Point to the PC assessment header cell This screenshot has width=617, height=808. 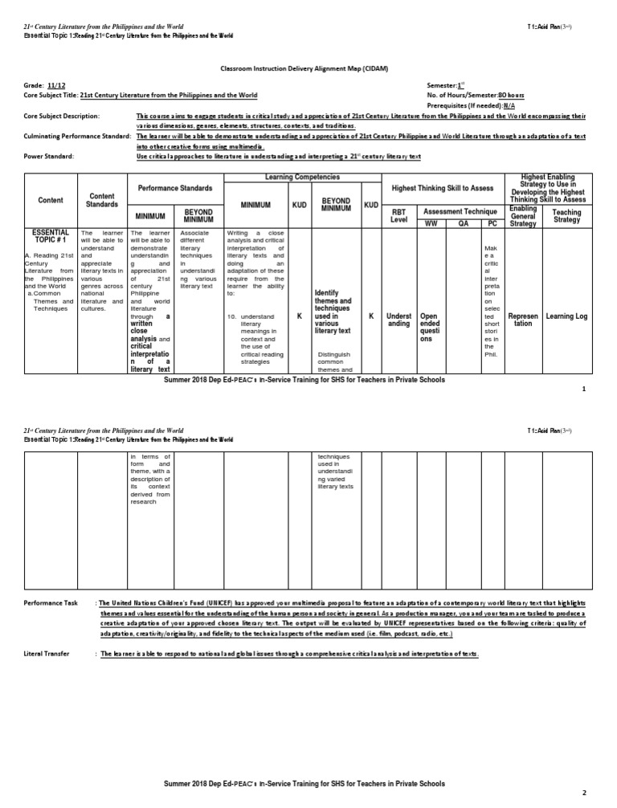491,222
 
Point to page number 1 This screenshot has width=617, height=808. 584,390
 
